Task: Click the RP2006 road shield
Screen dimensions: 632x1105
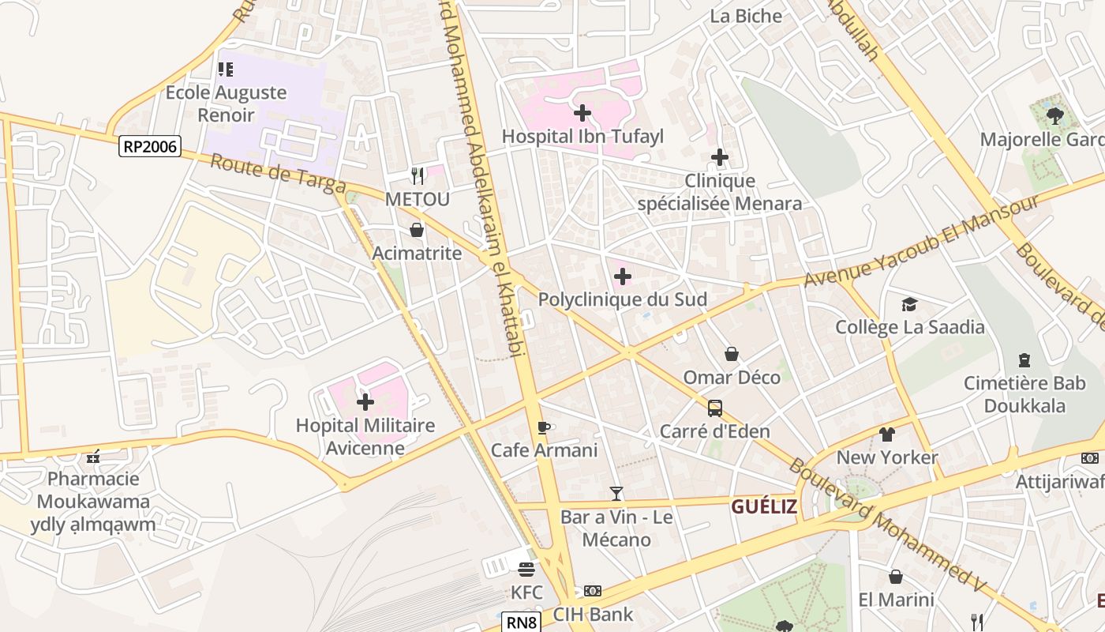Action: (150, 146)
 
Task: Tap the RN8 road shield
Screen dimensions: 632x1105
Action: (521, 623)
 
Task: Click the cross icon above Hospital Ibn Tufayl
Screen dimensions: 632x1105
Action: (582, 113)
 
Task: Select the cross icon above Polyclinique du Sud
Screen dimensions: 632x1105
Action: (623, 276)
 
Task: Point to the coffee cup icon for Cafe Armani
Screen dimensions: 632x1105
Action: (544, 427)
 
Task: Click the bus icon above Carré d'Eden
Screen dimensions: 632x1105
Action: (714, 408)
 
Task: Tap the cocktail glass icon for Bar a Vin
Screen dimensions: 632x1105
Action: (616, 494)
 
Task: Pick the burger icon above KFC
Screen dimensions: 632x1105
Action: (526, 569)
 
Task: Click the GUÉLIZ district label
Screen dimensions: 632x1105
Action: (763, 507)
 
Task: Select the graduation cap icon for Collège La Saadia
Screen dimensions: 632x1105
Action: (909, 304)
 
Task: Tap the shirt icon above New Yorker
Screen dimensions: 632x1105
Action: (887, 434)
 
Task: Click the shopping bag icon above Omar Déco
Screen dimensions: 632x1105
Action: (732, 354)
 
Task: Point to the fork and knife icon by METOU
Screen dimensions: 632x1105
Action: (418, 175)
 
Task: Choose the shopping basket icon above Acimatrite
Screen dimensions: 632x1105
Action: (417, 230)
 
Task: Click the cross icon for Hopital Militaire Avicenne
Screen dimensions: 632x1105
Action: (365, 403)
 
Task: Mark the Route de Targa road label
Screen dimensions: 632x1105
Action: (278, 174)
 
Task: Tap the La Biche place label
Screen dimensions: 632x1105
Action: (746, 16)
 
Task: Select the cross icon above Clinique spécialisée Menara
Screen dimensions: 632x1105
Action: (719, 158)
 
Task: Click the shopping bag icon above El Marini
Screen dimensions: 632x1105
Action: (896, 577)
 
